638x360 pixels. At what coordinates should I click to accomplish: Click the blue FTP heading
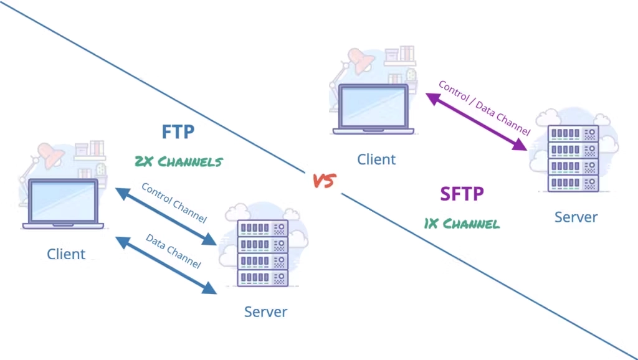[x=178, y=132]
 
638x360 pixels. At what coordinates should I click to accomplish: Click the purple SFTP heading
[x=462, y=194]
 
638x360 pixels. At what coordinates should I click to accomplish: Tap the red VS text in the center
[x=324, y=181]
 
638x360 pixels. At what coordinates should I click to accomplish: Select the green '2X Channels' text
[x=178, y=161]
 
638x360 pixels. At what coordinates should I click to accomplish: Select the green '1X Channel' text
[x=462, y=223]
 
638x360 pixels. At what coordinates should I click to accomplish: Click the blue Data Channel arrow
[x=166, y=264]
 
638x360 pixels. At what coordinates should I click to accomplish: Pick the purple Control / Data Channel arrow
[x=476, y=121]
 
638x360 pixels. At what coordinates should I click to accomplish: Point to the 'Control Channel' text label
[x=174, y=202]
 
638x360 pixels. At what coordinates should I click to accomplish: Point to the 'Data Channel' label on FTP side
[x=173, y=251]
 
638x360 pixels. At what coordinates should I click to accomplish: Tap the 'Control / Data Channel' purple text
[x=484, y=107]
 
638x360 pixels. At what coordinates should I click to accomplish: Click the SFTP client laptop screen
[x=373, y=107]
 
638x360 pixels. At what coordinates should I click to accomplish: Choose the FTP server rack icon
[x=262, y=252]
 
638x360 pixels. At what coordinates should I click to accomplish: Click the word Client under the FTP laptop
[x=66, y=254]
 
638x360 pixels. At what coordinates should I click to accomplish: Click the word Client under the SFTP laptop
[x=376, y=159]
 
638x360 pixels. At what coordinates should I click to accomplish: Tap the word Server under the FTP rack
[x=265, y=311]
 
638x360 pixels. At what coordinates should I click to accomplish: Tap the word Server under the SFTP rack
[x=576, y=217]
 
